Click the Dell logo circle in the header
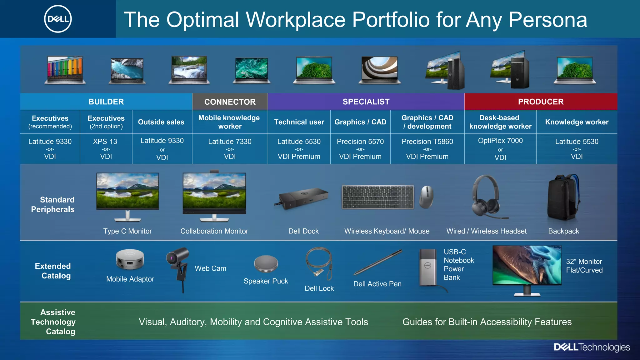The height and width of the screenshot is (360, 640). tap(58, 19)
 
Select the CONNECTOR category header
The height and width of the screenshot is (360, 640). tap(230, 102)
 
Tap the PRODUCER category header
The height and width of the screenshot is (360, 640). tap(541, 102)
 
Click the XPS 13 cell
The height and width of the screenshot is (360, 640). tap(106, 149)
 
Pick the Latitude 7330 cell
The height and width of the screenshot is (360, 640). tap(230, 149)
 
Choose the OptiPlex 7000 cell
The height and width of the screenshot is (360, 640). tap(500, 149)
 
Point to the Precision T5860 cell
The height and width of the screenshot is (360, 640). tap(427, 149)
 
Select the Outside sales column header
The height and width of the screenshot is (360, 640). tap(161, 122)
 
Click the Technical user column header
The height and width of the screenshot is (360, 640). tap(299, 122)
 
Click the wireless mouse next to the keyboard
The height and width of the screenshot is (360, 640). tap(427, 197)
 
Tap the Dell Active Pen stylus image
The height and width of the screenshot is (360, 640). tap(378, 262)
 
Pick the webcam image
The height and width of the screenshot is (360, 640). tap(178, 266)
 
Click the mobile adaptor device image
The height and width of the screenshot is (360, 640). tap(130, 259)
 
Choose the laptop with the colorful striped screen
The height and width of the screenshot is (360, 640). tap(65, 70)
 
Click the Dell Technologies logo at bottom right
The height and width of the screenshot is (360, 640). tap(592, 347)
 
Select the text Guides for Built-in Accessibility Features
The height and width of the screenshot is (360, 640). tap(487, 322)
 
